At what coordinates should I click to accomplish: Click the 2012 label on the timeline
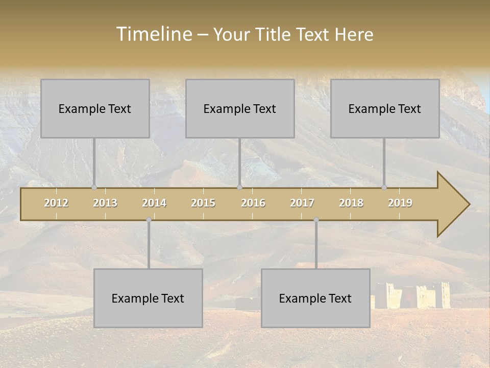pyautogui.click(x=56, y=203)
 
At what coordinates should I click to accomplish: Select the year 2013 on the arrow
pyautogui.click(x=105, y=203)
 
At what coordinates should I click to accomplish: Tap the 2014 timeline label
pyautogui.click(x=154, y=203)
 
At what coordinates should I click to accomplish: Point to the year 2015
pyautogui.click(x=203, y=203)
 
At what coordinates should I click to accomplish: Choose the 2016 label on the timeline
pyautogui.click(x=253, y=203)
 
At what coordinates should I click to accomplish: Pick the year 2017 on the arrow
pyautogui.click(x=302, y=203)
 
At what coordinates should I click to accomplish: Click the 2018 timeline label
pyautogui.click(x=351, y=203)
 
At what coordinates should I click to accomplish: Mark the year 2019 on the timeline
pyautogui.click(x=400, y=203)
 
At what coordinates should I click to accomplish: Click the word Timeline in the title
pyautogui.click(x=154, y=34)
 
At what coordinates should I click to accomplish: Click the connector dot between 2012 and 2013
pyautogui.click(x=94, y=188)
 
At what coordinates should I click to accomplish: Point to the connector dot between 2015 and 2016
pyautogui.click(x=239, y=188)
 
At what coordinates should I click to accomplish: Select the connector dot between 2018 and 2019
pyautogui.click(x=384, y=188)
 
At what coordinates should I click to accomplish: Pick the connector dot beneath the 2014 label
pyautogui.click(x=149, y=220)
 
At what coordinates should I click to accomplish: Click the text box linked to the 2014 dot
pyautogui.click(x=148, y=298)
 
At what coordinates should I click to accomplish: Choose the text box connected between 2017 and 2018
pyautogui.click(x=315, y=298)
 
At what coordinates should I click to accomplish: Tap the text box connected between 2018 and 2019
pyautogui.click(x=385, y=108)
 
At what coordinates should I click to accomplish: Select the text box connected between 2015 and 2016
pyautogui.click(x=240, y=108)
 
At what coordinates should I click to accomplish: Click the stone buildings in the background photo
pyautogui.click(x=413, y=295)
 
